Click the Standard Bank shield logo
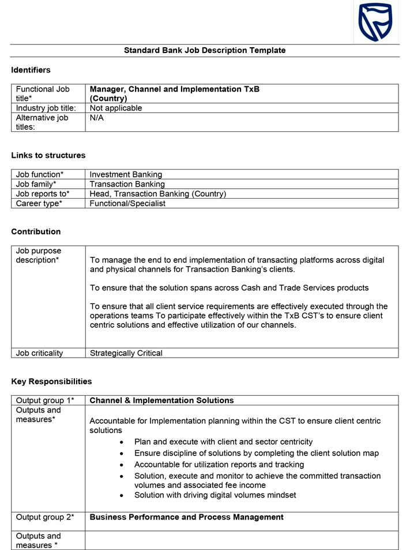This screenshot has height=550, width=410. point(375,22)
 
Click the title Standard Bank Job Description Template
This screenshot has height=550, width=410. point(205,51)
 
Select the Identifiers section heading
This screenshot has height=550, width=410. point(31,70)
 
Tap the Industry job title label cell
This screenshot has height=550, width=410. point(46,108)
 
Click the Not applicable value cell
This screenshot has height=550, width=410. point(116,108)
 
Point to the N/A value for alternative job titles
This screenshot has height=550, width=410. point(97,118)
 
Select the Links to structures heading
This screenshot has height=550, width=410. point(48,155)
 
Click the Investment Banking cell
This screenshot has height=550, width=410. point(126,175)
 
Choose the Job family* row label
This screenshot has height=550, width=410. point(36,184)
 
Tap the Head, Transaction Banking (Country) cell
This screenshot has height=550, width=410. point(157,194)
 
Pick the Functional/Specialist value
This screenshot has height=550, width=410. point(127,203)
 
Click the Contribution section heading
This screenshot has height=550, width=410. point(36,232)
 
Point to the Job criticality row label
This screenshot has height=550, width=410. point(39,353)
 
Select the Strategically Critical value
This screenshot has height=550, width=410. point(126,353)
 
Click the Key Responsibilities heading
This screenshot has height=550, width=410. point(51,382)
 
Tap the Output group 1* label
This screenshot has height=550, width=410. point(45,401)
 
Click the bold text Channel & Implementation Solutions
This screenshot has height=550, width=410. point(161,401)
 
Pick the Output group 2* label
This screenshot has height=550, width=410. point(45,517)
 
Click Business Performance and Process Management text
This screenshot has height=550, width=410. point(186,517)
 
